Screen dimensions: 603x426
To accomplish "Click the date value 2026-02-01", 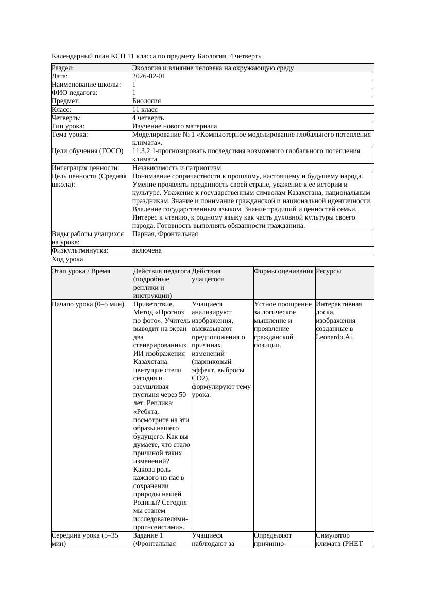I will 149,76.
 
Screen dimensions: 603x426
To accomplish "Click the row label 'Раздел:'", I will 63,68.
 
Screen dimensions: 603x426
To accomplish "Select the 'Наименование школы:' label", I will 86,85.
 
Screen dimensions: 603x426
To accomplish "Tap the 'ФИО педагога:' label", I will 75,93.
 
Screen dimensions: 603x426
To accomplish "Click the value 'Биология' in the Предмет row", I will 147,101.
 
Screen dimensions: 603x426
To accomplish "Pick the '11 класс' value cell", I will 145,110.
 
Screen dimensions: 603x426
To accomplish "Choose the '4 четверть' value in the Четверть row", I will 148,118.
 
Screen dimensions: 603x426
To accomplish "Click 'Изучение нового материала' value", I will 175,126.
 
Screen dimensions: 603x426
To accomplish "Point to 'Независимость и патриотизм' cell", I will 177,168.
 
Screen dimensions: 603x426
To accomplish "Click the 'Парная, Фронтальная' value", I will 165,234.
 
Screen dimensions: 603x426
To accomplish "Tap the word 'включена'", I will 147,250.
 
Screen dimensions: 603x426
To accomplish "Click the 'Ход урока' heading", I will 67,259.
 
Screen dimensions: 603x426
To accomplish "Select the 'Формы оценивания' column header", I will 283,271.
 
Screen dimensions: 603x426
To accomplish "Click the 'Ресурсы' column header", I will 329,271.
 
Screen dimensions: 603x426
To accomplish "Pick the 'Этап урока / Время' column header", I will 81,271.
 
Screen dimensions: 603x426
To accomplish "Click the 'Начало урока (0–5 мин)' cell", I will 88,304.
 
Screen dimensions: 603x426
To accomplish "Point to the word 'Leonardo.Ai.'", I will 335,337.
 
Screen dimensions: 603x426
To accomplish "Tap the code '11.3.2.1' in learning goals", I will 146,151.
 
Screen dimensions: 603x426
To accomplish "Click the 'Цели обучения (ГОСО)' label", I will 88,151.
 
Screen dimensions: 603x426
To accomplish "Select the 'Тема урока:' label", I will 70,135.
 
